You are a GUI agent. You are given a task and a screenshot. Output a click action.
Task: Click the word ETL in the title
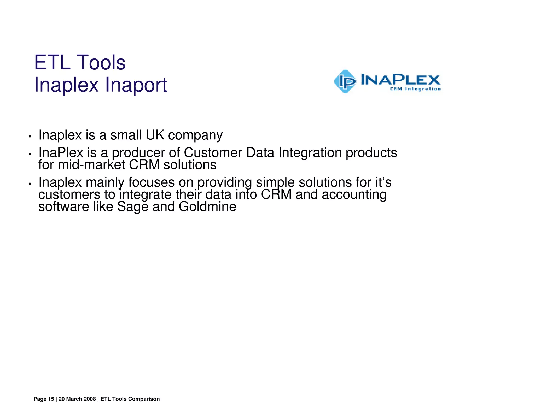52,63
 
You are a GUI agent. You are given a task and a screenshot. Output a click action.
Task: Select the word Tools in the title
102,63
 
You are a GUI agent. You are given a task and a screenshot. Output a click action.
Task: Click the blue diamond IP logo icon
345,81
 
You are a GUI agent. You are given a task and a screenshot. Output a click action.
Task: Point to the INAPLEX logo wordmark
400,79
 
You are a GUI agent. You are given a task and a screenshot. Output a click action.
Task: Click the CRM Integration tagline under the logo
415,89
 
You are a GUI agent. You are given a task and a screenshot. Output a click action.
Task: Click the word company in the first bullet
195,136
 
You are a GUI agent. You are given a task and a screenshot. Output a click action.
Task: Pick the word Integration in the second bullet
310,153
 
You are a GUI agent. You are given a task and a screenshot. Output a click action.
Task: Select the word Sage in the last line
133,207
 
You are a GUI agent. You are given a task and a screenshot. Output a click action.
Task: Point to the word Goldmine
207,206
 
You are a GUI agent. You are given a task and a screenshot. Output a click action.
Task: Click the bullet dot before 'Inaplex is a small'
30,137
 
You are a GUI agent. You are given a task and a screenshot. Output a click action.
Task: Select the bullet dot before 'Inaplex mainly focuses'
30,184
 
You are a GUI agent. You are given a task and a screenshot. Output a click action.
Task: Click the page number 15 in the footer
51,399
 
